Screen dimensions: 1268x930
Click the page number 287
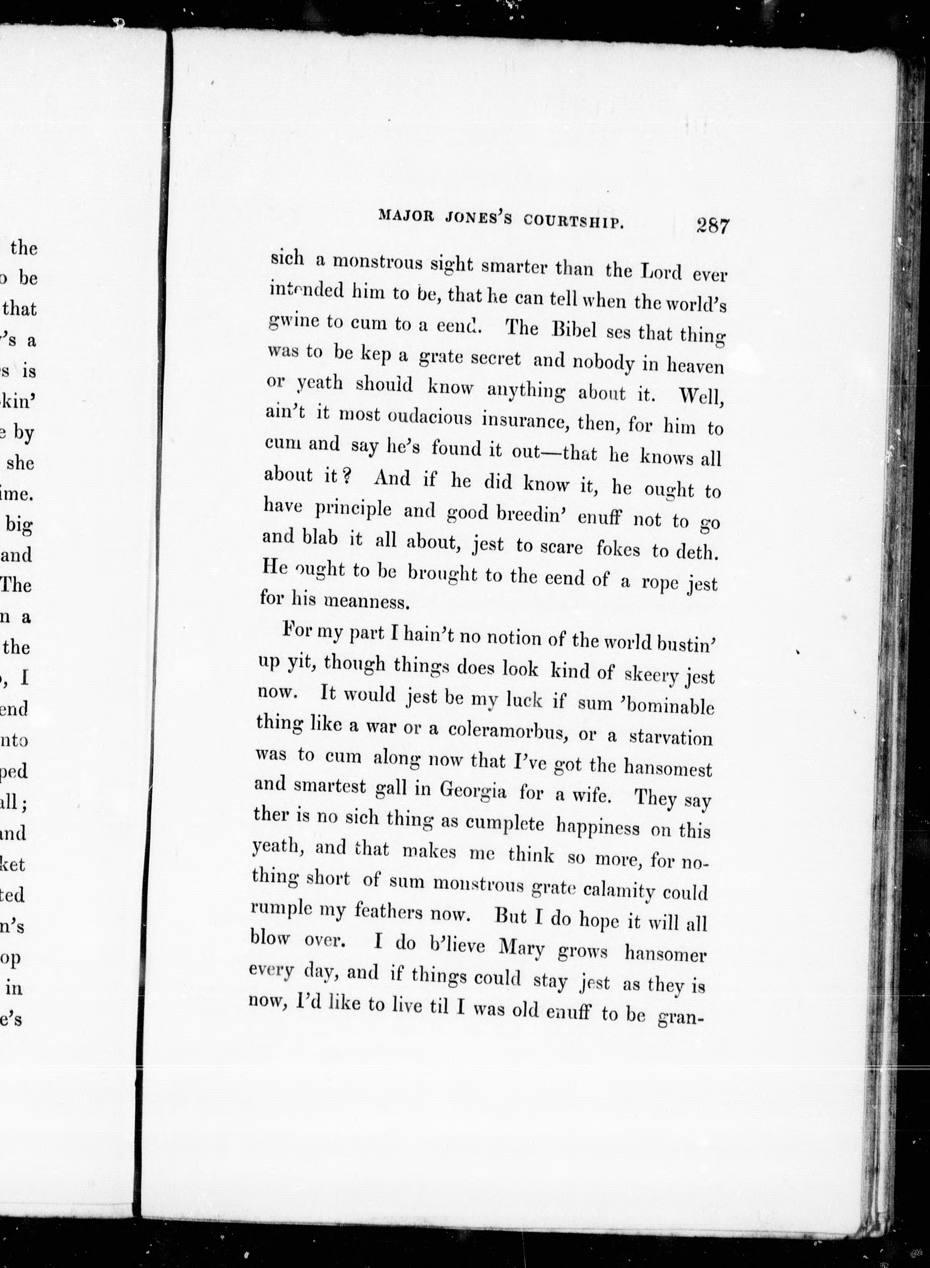(712, 226)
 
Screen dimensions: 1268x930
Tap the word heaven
(695, 366)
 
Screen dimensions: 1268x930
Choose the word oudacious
(429, 417)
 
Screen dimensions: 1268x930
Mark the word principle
(352, 508)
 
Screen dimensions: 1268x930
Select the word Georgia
(472, 791)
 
